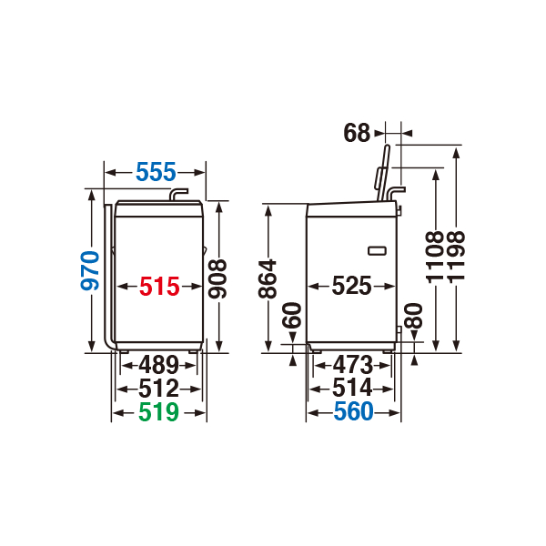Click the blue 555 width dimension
[156, 172]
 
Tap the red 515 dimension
[159, 287]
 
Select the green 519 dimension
[158, 412]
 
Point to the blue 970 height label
[90, 270]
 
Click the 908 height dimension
[217, 279]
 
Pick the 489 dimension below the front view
[158, 365]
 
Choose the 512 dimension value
[158, 389]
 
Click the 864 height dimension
[268, 279]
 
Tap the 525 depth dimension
[351, 286]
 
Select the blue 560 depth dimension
[353, 411]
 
